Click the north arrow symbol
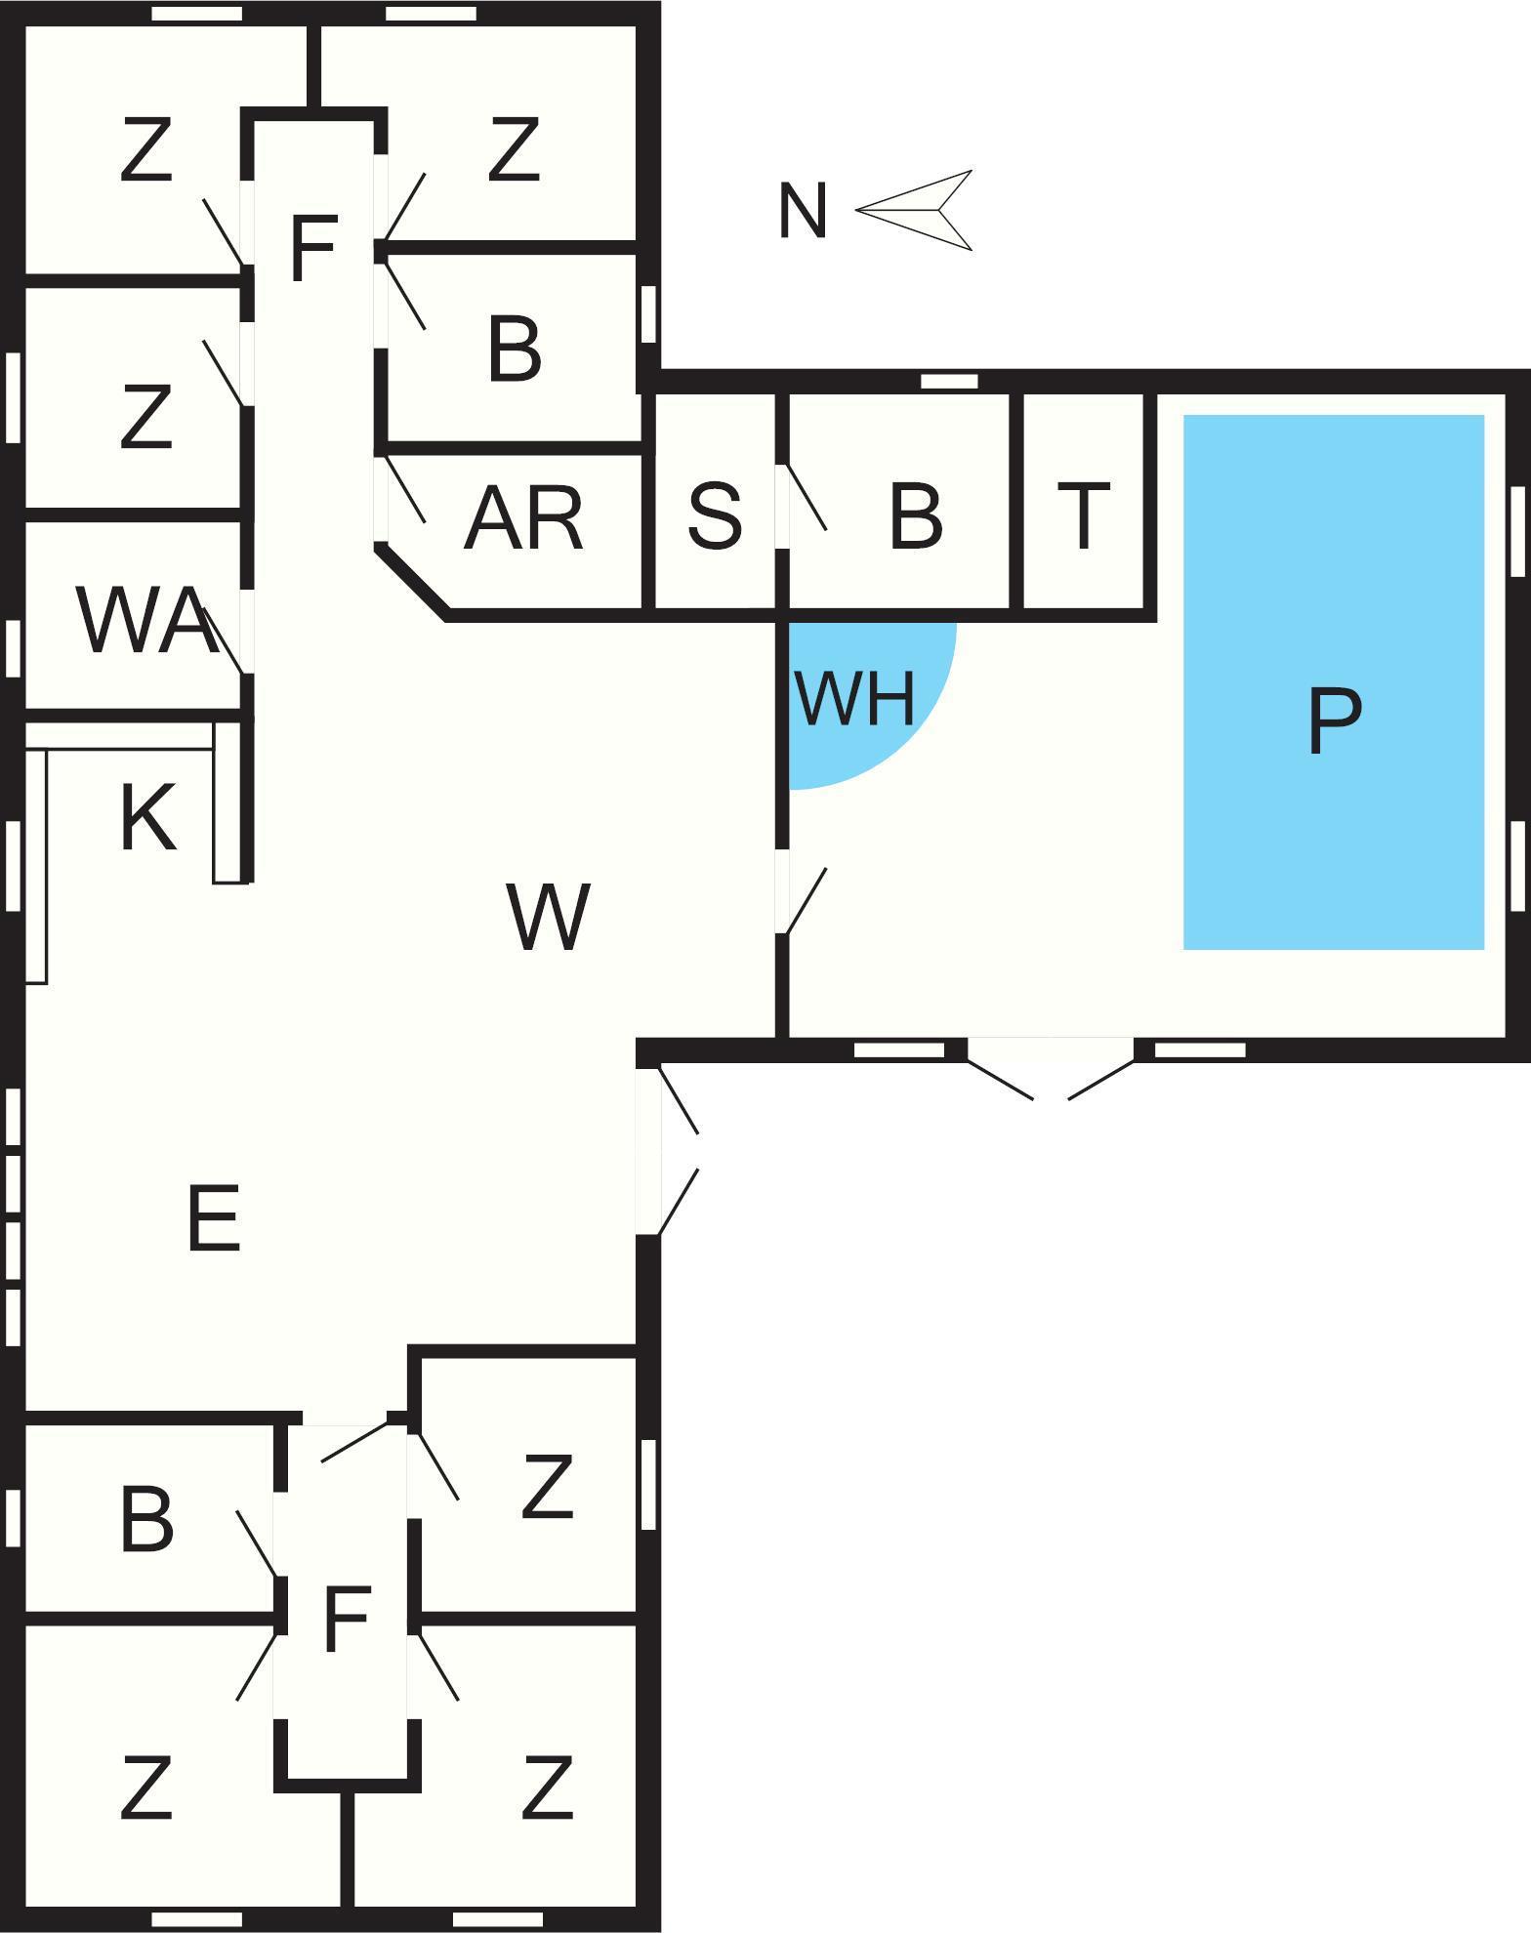(916, 210)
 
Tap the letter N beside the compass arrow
(803, 211)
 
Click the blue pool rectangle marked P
(1334, 681)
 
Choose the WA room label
(146, 621)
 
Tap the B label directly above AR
(514, 349)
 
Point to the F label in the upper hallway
(313, 248)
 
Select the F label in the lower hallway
(346, 1620)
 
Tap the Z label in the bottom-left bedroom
(146, 1789)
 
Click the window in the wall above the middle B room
(949, 381)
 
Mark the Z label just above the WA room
(146, 417)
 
